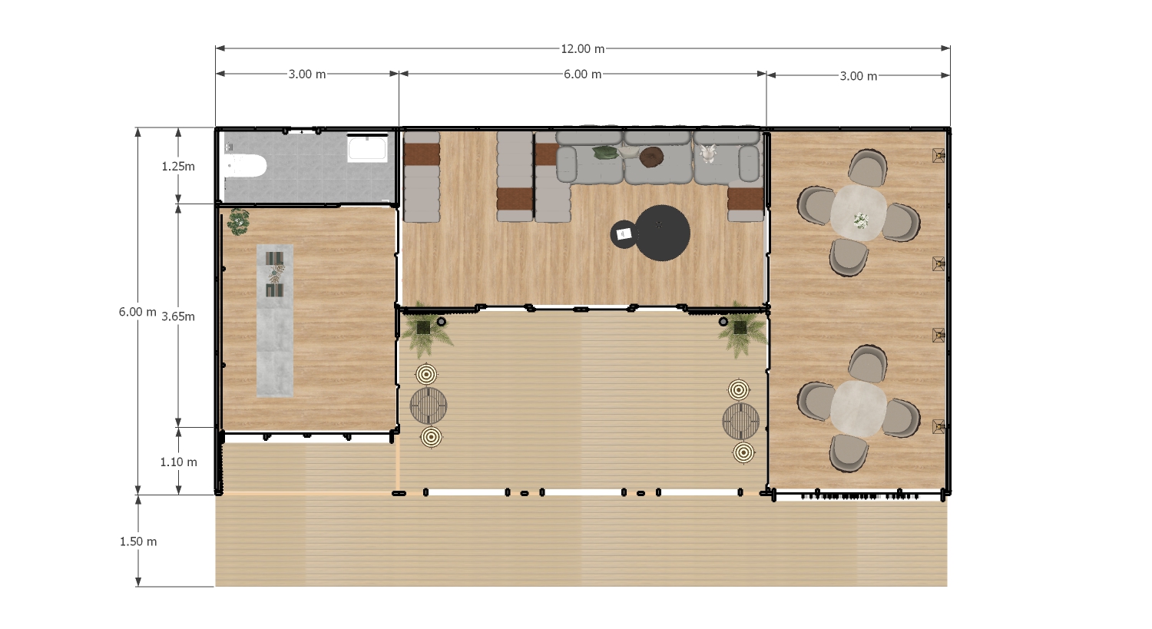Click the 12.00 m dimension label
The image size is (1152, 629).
(582, 49)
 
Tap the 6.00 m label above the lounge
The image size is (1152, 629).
(582, 74)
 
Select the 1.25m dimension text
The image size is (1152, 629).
(178, 166)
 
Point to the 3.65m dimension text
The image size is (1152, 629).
(178, 316)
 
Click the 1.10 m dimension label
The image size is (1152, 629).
(178, 462)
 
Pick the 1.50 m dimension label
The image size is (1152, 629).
(137, 541)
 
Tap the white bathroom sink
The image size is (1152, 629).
(367, 149)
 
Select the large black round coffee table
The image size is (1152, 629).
(662, 233)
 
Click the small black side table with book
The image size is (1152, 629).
(624, 234)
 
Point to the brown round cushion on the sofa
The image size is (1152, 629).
(651, 157)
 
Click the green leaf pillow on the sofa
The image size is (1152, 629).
(605, 152)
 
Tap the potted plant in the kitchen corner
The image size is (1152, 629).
(238, 222)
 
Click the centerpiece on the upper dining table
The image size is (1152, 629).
(860, 220)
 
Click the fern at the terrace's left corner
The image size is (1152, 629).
(425, 330)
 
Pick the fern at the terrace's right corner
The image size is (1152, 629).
(741, 329)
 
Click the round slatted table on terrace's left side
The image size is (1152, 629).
(429, 406)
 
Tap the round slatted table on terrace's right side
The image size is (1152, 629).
(740, 421)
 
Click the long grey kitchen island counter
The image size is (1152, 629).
(275, 320)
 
